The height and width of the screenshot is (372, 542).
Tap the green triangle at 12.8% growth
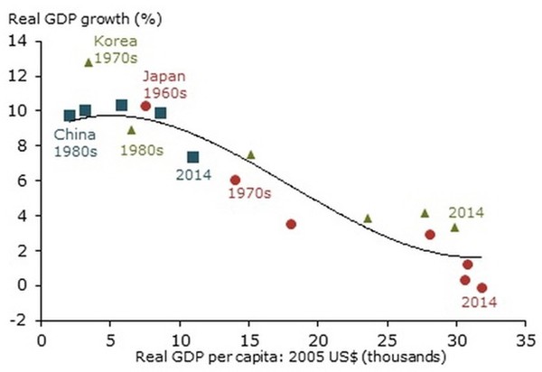[88, 62]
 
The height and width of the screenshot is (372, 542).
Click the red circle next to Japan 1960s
[145, 106]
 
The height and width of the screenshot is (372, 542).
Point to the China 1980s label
[74, 144]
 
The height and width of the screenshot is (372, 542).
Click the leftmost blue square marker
[70, 116]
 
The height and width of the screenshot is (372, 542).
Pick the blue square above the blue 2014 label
[193, 157]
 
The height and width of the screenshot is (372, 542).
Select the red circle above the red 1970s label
[236, 180]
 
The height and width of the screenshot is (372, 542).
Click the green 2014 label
[466, 212]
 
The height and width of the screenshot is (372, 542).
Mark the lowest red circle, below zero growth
[481, 288]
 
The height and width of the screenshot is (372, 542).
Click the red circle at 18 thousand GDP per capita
[291, 224]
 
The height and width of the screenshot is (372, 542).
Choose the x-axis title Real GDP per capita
[283, 358]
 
